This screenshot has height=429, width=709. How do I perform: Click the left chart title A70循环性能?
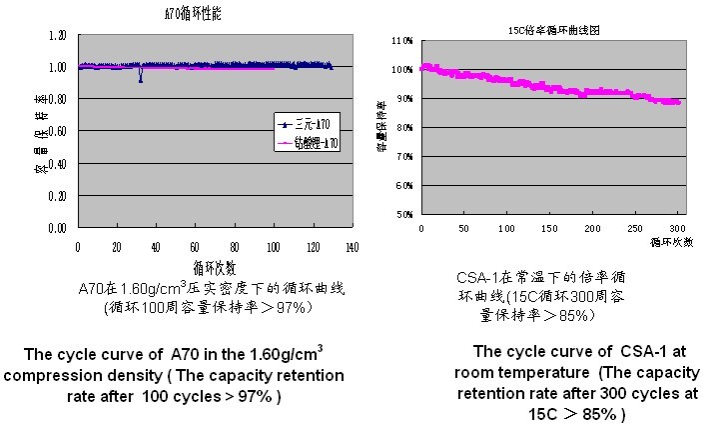(185, 16)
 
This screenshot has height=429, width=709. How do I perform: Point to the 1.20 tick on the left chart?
(57, 35)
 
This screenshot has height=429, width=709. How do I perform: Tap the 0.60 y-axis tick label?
(57, 131)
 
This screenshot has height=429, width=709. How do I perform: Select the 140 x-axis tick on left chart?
(352, 246)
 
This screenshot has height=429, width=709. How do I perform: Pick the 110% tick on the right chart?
(402, 42)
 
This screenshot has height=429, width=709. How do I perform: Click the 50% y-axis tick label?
(403, 215)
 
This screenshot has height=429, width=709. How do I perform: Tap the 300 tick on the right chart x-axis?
(678, 229)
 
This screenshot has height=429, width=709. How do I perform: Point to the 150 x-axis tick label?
(550, 229)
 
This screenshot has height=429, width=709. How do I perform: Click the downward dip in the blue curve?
(141, 79)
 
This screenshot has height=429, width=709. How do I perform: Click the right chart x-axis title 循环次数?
(671, 242)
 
